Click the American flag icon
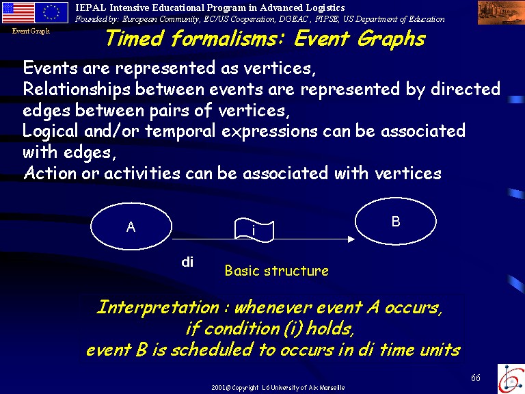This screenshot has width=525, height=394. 18,13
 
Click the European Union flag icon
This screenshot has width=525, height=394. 51,13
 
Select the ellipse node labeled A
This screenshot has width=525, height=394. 131,226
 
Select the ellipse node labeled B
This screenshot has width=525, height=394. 396,221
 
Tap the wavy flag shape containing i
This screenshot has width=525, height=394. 254,230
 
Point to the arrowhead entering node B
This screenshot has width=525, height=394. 351,239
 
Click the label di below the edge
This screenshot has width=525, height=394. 187,262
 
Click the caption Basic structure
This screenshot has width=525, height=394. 277,271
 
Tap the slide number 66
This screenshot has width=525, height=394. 476,378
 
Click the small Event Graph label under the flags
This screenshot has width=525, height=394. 31,31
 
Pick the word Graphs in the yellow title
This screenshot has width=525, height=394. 392,40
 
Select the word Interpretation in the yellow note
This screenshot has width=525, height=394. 157,308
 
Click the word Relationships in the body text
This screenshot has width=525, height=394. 77,90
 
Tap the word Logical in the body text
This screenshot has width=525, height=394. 50,131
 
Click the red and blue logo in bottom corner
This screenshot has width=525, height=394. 511,378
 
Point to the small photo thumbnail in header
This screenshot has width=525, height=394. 501,13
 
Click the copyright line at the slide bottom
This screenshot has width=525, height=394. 278,388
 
